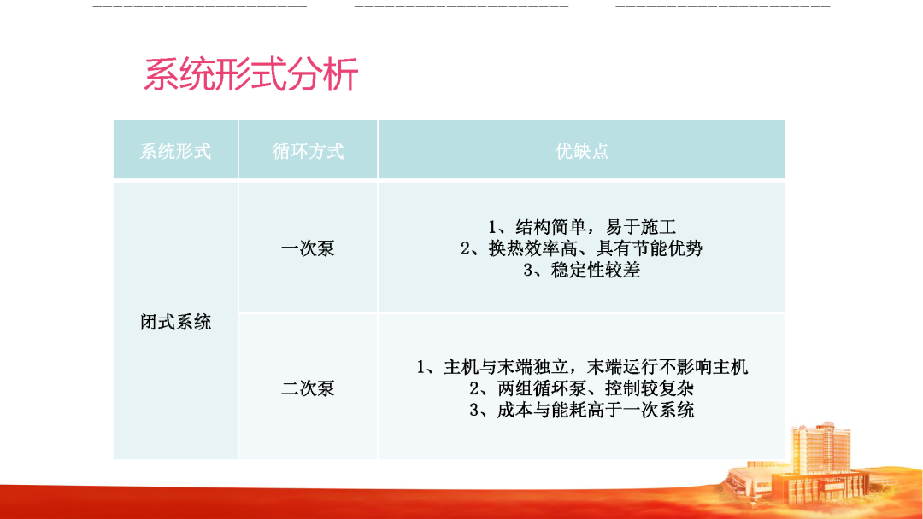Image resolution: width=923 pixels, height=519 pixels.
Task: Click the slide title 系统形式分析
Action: point(250,75)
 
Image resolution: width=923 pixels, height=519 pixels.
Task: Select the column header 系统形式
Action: point(175,151)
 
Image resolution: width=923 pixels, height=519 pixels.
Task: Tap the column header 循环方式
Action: point(308,151)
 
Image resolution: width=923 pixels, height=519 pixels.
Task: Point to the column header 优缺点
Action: point(582,151)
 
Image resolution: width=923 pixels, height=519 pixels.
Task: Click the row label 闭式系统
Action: point(175,322)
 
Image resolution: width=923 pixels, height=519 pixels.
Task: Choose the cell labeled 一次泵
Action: point(308,249)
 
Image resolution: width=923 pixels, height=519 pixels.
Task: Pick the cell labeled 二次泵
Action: point(308,388)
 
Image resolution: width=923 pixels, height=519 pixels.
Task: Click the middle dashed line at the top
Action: point(461,6)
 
